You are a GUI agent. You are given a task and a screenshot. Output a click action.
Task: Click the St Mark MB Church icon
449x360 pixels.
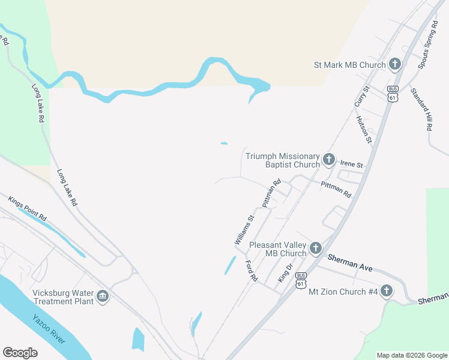pos(395,64)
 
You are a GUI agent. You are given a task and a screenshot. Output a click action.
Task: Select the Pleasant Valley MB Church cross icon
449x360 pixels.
pos(315,248)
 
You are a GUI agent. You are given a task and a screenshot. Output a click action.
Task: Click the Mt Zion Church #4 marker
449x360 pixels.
pos(387,292)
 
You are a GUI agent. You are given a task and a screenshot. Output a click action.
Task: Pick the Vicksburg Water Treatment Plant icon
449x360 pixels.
pos(103,296)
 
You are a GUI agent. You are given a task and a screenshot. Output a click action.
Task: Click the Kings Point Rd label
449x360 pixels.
pos(28,208)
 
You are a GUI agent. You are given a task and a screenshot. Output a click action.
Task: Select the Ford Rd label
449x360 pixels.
pos(251,271)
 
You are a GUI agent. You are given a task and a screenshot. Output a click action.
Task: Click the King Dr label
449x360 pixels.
pos(285,273)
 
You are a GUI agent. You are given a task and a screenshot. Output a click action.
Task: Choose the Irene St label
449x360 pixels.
pos(352,164)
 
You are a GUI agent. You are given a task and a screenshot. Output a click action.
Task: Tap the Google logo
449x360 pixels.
pos(20,353)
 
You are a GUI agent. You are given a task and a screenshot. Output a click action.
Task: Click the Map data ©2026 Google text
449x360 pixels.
pos(411,355)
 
